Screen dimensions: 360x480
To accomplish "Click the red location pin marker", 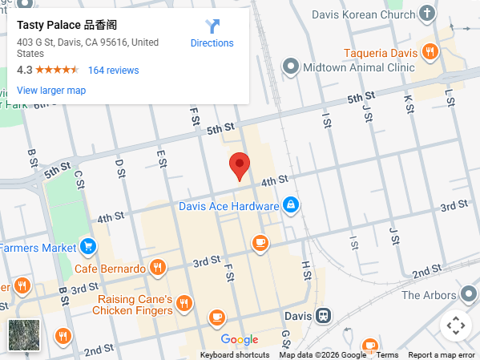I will point(240,166).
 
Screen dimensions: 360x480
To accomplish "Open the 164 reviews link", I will point(113,70).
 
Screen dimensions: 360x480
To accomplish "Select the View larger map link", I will point(51,90).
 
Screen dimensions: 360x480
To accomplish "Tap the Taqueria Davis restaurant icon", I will point(430,53).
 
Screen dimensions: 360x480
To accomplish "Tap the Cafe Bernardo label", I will point(111,268).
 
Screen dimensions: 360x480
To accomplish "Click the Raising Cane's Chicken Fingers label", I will point(133,304).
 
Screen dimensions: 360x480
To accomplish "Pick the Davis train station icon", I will point(323,316).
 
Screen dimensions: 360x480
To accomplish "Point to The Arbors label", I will point(429,295).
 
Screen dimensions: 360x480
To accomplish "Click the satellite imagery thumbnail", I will point(23,335).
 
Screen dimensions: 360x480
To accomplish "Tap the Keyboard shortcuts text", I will point(235,354).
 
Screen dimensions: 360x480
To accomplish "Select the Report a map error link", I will point(442,354).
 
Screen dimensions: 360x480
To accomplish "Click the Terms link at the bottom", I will point(387,354).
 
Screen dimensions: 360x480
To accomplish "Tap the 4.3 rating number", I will point(24,70).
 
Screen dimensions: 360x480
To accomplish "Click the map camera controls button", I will point(455,326).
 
